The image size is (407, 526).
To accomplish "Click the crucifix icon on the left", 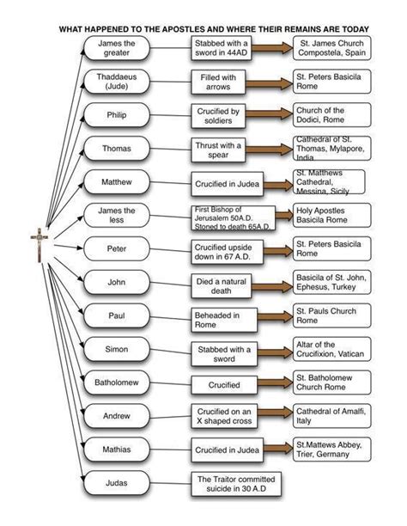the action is click(x=39, y=245).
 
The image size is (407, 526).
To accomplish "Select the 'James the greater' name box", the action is click(x=116, y=48).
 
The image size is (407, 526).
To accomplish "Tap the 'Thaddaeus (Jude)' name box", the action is click(x=116, y=82).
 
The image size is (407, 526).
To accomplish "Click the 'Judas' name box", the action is click(x=116, y=483).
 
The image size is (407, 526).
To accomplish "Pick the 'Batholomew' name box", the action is click(x=116, y=382).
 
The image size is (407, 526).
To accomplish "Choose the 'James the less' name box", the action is click(x=116, y=216).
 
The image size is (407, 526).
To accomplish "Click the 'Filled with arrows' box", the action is click(x=218, y=83).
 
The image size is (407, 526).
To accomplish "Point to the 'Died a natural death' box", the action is click(x=222, y=286).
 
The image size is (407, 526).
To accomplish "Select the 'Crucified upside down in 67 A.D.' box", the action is click(x=227, y=252).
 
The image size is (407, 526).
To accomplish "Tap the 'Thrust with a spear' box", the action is click(x=218, y=150).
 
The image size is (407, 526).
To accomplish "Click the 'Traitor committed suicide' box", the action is click(x=236, y=484).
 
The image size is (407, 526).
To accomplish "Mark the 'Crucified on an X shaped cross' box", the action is click(x=224, y=416).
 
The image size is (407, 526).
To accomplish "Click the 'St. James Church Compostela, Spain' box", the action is click(x=332, y=48).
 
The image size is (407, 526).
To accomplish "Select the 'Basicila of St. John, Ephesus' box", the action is click(x=332, y=282).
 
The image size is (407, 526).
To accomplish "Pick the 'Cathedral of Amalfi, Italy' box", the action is click(x=332, y=416).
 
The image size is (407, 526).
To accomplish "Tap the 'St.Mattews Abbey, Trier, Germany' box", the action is click(x=332, y=450).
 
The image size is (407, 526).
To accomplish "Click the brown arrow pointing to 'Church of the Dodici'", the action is click(x=270, y=113).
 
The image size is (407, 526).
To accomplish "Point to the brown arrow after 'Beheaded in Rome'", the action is click(x=275, y=316).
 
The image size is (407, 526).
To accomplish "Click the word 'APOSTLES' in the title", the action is click(x=183, y=29).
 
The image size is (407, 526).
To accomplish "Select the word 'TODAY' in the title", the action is click(x=355, y=29).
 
